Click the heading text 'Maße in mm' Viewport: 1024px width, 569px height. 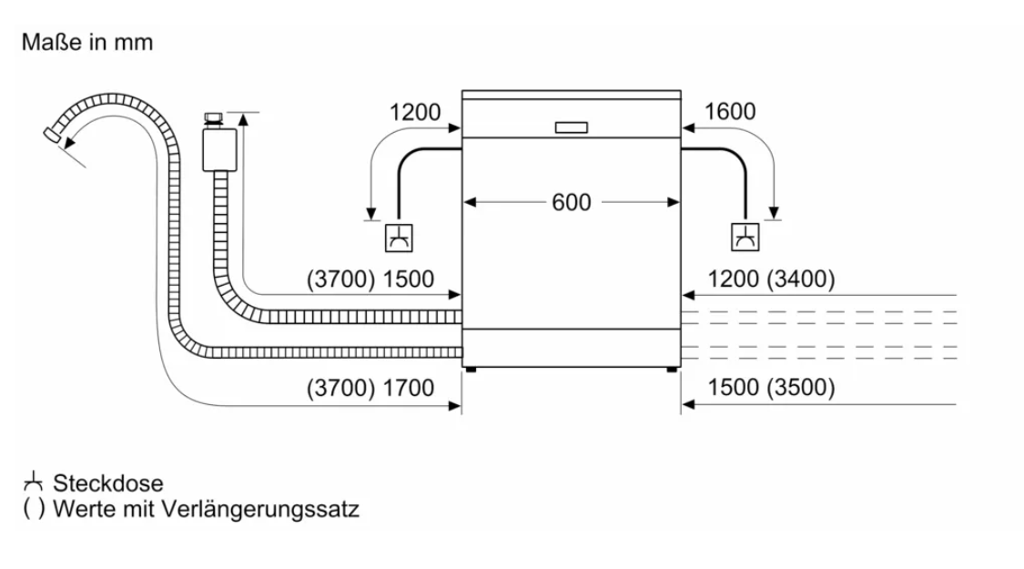coord(88,43)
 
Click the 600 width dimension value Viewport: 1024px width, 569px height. coord(571,202)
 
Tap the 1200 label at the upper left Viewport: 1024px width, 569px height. coord(414,113)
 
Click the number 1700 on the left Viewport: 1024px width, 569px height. coord(409,388)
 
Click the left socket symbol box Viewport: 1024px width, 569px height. coord(399,238)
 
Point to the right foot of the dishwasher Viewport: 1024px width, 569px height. coord(672,370)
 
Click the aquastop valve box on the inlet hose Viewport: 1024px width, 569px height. coord(219,148)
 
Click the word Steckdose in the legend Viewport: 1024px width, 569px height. coord(107,483)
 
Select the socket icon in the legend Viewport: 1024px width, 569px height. coord(34,482)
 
